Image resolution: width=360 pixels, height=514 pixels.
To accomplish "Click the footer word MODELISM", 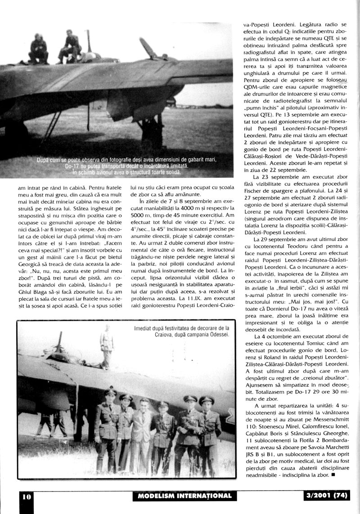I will [x=159, y=496].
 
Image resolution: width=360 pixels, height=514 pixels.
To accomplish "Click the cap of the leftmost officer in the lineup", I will [x=109, y=393].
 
